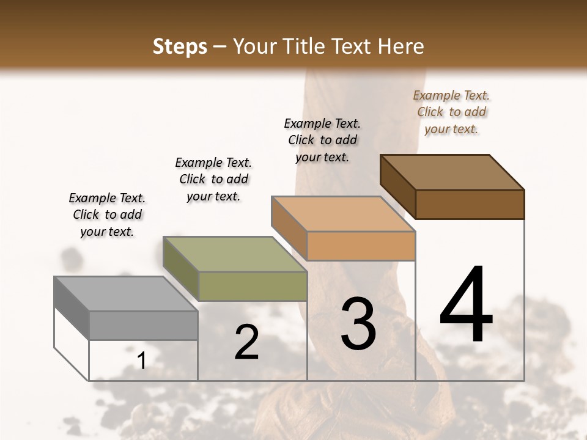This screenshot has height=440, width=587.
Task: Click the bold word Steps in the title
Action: (180, 46)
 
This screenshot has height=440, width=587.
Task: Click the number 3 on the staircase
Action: (358, 323)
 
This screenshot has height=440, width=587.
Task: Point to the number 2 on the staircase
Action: (246, 342)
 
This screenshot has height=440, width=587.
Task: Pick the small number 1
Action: (141, 361)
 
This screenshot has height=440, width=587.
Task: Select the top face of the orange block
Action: (343, 214)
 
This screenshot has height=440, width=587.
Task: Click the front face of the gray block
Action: (143, 325)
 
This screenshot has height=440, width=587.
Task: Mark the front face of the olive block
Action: (252, 286)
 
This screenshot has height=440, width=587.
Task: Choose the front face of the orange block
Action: (361, 246)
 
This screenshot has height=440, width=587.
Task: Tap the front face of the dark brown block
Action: (470, 204)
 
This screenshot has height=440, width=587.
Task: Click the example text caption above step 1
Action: (107, 215)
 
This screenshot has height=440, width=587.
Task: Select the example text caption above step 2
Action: (213, 179)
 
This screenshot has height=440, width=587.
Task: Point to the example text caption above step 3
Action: (322, 140)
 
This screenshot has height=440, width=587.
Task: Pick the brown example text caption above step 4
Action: (451, 112)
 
